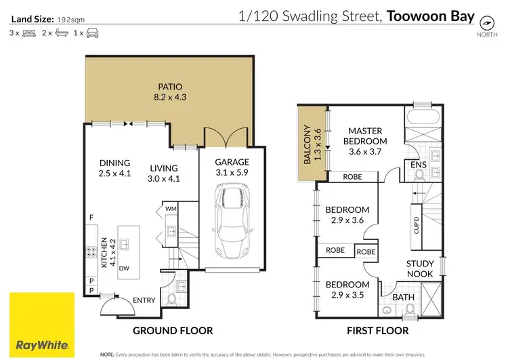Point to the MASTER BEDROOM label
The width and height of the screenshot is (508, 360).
365,136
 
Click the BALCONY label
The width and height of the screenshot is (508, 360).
308,144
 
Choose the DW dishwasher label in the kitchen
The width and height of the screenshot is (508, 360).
124,268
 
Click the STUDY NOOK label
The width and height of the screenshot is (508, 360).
420,269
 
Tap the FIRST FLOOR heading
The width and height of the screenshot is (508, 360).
377,331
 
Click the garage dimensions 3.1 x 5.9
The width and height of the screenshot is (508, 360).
232,174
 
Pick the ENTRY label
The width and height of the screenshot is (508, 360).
144,300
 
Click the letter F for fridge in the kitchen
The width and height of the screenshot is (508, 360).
90,217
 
